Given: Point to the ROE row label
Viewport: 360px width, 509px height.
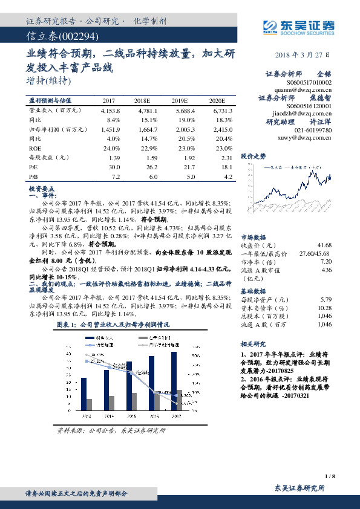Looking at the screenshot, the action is coord(35,148).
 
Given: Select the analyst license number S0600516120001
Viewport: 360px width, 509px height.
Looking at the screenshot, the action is coord(308,106).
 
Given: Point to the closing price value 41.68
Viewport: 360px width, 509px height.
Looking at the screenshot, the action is coord(324,245).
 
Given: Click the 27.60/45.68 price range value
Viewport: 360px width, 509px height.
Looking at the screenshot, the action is coord(315,253).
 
